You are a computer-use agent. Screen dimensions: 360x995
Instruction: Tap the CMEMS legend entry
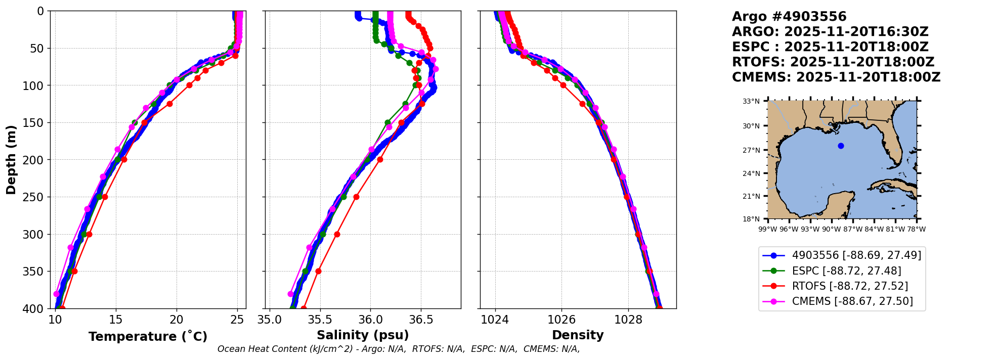click(852, 301)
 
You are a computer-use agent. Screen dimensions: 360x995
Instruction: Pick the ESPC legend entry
click(846, 271)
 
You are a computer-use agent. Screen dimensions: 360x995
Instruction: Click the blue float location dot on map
click(841, 146)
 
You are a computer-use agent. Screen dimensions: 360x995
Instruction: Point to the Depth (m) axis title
click(11, 160)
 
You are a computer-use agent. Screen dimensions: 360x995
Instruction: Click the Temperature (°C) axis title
click(148, 337)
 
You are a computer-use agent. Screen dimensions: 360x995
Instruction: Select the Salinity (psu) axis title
click(363, 335)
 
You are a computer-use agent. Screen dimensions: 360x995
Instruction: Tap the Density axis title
click(578, 335)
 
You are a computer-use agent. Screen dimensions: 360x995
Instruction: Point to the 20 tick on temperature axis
click(177, 320)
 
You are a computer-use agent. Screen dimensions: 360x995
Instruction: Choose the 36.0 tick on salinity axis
click(370, 320)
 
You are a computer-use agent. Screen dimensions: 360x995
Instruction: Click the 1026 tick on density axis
click(561, 320)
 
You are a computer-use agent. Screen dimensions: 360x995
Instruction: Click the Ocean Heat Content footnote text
click(399, 349)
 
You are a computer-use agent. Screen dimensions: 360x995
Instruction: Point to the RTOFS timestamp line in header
click(833, 62)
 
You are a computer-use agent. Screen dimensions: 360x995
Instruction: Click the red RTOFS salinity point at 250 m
click(356, 197)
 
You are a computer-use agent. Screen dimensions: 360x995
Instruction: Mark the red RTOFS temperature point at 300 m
click(89, 234)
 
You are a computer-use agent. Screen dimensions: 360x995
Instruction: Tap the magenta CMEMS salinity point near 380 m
click(290, 294)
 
